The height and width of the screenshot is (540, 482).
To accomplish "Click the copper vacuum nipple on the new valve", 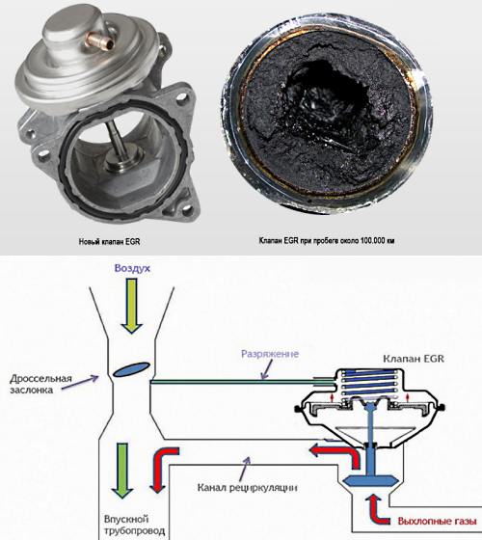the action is (100, 40).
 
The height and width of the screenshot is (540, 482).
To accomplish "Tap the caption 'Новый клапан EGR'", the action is (110, 242).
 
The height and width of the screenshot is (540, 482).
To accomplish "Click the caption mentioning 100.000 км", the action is (327, 241).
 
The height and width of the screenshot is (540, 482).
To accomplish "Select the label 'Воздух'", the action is (132, 268).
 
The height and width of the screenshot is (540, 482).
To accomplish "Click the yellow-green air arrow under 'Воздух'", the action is (131, 306).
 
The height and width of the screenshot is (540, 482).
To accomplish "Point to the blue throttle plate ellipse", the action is (131, 369).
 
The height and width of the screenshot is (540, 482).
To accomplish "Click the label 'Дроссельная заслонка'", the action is (40, 385).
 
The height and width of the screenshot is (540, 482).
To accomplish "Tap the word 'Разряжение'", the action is (270, 354).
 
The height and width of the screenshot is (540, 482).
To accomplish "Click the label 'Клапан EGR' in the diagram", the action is (414, 359).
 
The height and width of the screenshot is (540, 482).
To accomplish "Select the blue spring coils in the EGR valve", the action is (368, 384).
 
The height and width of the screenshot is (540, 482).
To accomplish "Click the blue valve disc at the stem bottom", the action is (371, 480).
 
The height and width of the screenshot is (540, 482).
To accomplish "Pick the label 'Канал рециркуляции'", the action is (247, 488).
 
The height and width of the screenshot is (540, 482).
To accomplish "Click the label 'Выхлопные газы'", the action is (437, 521).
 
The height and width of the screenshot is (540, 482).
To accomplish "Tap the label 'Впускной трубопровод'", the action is (134, 525).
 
